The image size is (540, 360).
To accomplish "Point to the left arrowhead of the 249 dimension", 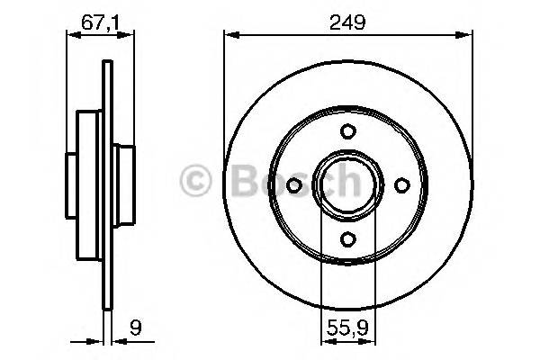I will click(229, 36).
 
